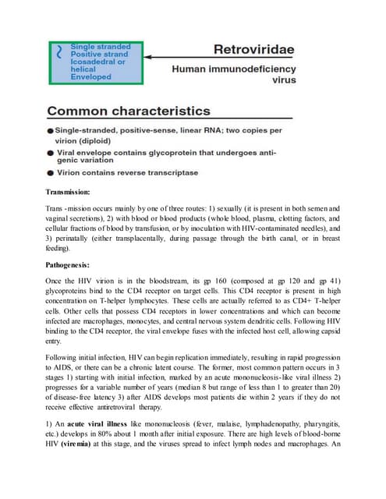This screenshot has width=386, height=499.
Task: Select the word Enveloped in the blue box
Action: point(91,77)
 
